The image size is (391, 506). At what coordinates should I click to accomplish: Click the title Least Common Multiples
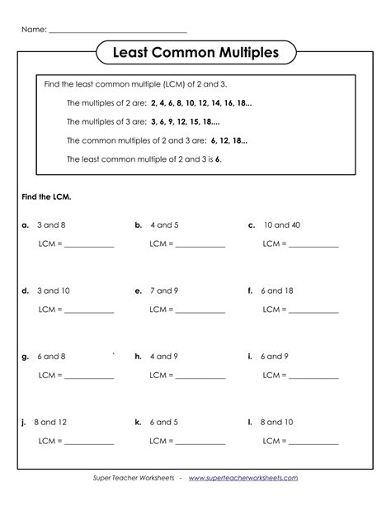click(195, 54)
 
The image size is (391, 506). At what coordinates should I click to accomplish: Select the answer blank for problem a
click(88, 246)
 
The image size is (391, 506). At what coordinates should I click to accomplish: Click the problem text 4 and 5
click(164, 225)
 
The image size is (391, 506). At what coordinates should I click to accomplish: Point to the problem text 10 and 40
click(282, 225)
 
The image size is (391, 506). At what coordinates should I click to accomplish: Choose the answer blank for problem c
click(313, 246)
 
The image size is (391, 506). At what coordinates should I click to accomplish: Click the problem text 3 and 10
click(53, 291)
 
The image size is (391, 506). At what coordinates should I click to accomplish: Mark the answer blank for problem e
click(200, 312)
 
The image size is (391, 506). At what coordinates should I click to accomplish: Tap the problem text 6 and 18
click(277, 291)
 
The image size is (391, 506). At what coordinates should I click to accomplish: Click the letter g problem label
click(26, 357)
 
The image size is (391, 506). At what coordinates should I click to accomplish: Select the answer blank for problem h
click(200, 378)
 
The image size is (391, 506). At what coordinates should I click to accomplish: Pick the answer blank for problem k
click(200, 443)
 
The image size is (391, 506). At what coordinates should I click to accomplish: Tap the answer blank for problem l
click(313, 443)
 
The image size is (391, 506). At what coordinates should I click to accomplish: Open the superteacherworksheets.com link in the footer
click(243, 477)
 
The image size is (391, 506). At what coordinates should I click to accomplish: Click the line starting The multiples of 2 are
click(158, 103)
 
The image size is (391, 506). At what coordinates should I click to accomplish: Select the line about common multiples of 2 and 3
click(156, 140)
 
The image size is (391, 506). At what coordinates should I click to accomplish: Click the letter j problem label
click(25, 422)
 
